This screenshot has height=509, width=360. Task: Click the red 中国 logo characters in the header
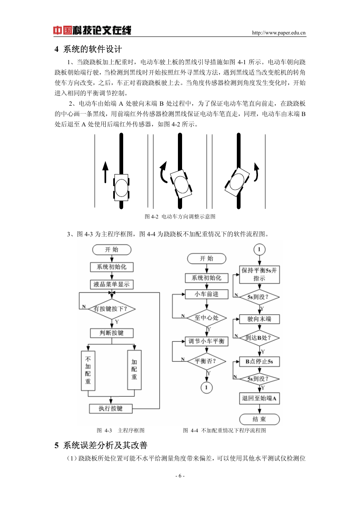click(x=63, y=30)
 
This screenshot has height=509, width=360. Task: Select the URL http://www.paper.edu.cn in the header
click(x=279, y=33)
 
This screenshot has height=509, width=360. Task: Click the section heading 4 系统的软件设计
click(x=88, y=49)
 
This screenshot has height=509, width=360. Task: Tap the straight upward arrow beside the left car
click(x=105, y=172)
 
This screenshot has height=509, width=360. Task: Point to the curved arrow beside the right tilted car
click(x=257, y=172)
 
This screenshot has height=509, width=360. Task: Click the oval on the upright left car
click(x=122, y=188)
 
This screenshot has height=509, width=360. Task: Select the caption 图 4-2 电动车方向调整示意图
click(x=180, y=216)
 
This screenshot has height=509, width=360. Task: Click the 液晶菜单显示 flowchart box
click(x=112, y=284)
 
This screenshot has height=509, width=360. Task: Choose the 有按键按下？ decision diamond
click(x=112, y=309)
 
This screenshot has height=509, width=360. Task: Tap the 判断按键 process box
click(x=112, y=333)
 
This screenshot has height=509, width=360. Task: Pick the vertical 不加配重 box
click(x=88, y=371)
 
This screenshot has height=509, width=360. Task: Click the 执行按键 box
click(x=110, y=409)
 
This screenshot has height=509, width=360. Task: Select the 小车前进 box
click(x=207, y=294)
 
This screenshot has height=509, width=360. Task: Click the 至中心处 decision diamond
click(x=207, y=318)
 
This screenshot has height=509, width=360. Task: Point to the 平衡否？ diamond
click(x=207, y=361)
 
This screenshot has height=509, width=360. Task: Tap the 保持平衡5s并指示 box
click(x=259, y=274)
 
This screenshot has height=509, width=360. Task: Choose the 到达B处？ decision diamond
click(x=259, y=338)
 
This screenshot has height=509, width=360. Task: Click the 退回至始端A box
click(x=259, y=398)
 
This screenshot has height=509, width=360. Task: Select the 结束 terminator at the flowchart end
click(x=259, y=419)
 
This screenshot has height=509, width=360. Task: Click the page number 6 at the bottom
click(x=180, y=476)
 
